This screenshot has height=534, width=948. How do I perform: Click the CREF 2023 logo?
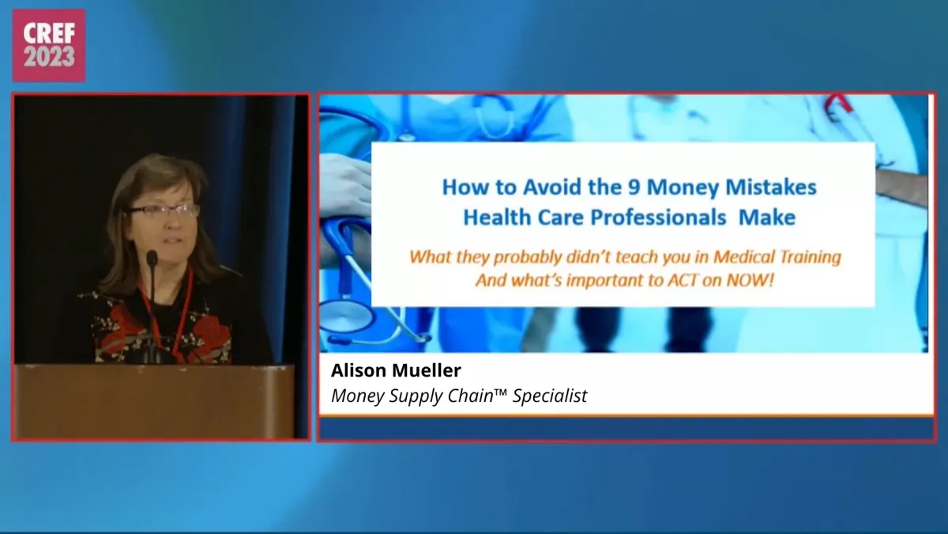pos(49,45)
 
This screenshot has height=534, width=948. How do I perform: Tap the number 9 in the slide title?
pos(634,187)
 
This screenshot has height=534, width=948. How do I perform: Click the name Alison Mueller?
pos(396,370)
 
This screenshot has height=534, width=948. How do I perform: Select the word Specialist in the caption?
pos(550,396)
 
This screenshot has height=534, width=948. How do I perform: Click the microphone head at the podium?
pos(152,259)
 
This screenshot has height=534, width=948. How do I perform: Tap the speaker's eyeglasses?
pos(164,210)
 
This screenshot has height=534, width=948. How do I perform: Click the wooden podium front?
pos(154,401)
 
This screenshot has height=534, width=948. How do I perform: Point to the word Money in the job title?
pos(358,396)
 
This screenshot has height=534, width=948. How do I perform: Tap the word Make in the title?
pos(767,217)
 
